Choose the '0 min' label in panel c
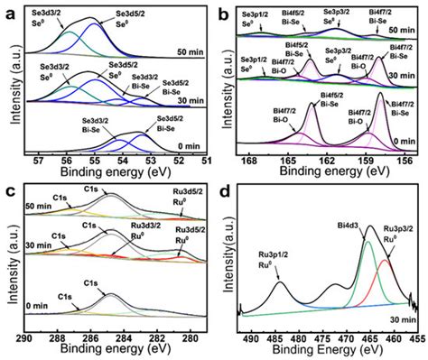(38, 306)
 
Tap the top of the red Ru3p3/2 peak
(386, 261)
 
